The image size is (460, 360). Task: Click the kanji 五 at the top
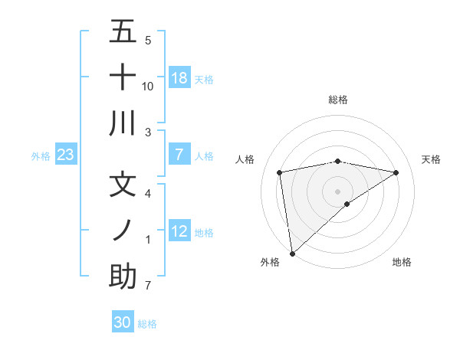click(122, 32)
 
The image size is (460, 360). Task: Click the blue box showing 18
click(179, 78)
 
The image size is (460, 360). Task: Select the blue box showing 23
click(66, 155)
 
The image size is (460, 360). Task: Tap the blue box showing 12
click(179, 231)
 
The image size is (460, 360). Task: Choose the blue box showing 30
click(123, 322)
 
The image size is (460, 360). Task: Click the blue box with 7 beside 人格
click(179, 155)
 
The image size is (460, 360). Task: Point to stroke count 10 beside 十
click(148, 87)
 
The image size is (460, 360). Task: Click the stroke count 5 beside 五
click(148, 40)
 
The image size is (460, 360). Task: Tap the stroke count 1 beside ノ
click(148, 240)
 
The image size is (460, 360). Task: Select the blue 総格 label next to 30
click(147, 324)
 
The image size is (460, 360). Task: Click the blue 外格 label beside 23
click(41, 156)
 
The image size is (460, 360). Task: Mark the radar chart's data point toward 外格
click(292, 253)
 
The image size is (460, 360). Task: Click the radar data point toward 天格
click(396, 172)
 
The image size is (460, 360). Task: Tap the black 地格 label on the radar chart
click(402, 262)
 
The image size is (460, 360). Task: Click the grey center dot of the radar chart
click(337, 191)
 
